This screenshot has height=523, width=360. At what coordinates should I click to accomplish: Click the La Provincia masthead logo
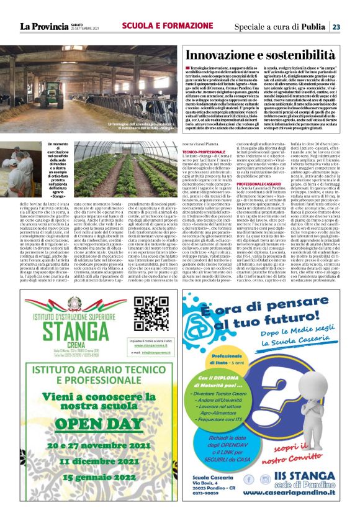tap(43, 26)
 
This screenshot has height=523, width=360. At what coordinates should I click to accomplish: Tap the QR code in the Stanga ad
tap(151, 313)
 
